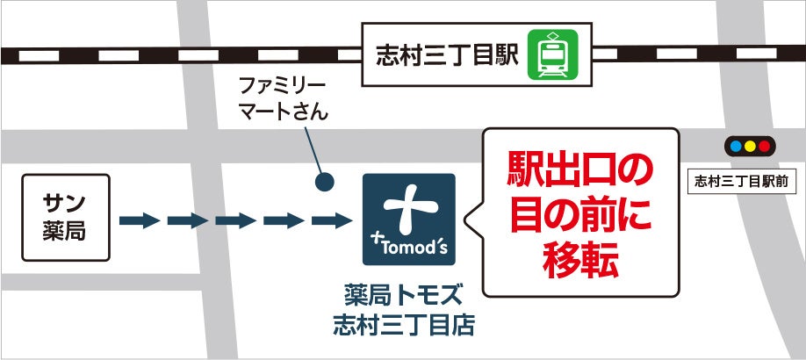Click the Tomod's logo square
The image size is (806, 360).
[409, 220]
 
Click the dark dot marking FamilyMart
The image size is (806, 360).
[325, 184]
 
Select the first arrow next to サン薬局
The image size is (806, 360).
[139, 220]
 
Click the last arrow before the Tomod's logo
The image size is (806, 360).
[332, 220]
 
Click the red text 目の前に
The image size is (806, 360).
[582, 215]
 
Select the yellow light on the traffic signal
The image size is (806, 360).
[748, 146]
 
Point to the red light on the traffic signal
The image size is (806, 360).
[764, 146]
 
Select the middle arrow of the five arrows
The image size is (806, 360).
[235, 220]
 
